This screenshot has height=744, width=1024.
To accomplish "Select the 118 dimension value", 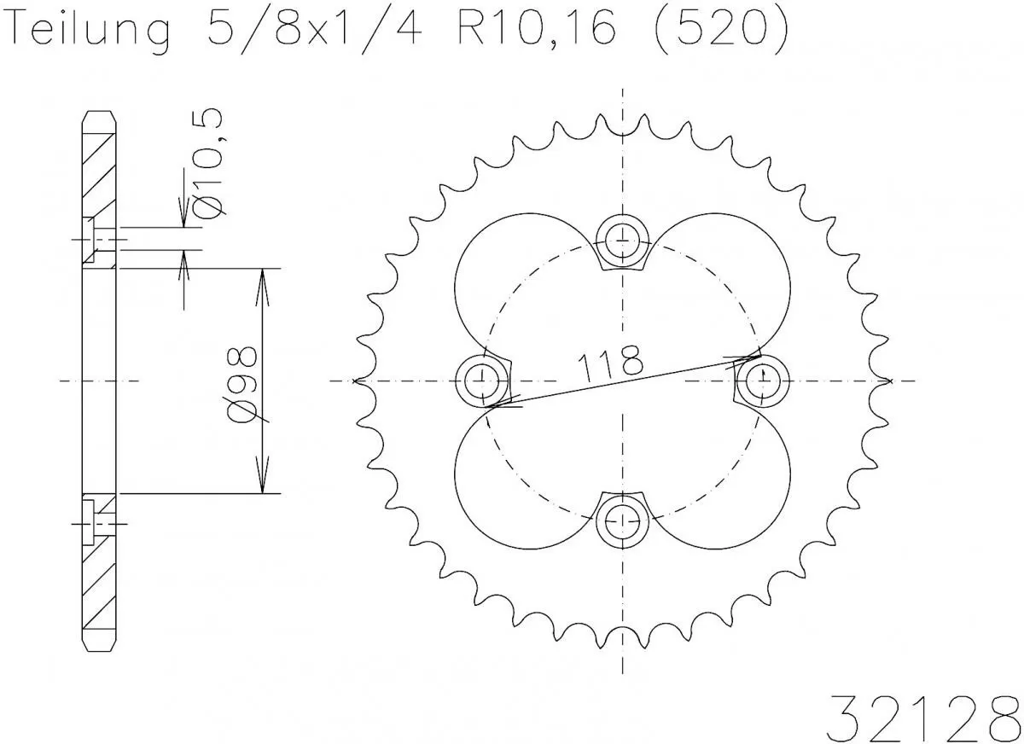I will (x=610, y=363).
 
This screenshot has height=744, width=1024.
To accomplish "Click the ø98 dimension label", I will (x=245, y=384).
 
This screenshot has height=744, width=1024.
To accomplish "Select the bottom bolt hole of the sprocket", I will (x=622, y=519).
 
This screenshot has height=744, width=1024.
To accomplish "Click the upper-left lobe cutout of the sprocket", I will (x=512, y=273).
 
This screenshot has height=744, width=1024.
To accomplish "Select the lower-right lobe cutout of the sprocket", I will (x=734, y=486).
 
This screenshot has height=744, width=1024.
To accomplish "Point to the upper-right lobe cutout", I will (x=734, y=273).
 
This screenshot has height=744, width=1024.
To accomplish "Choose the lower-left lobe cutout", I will (x=512, y=486).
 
